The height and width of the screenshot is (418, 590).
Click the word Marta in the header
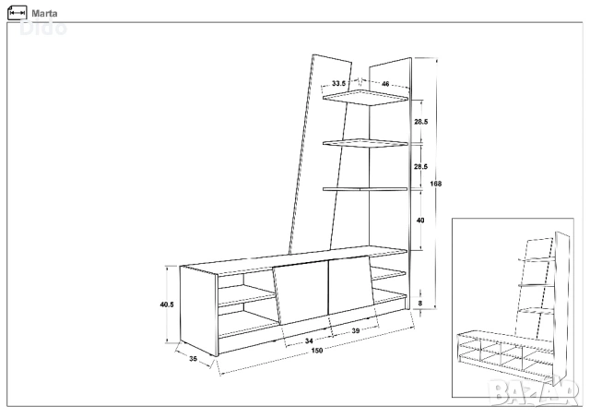(x=44, y=14)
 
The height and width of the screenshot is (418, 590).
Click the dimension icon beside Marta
(x=17, y=13)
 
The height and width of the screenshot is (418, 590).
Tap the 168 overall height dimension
(x=435, y=184)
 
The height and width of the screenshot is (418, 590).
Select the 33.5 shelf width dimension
(x=338, y=83)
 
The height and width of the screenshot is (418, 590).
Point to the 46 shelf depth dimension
(x=385, y=84)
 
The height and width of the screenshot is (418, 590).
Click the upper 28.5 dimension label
(x=420, y=122)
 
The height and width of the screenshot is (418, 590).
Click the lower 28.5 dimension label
(x=420, y=166)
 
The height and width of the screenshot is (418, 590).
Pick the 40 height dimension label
(x=420, y=220)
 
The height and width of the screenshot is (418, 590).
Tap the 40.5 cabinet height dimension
(x=167, y=305)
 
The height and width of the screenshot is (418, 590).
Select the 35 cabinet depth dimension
(x=193, y=359)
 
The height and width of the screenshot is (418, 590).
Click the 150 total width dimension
(x=317, y=351)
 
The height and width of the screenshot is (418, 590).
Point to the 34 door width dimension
(x=309, y=340)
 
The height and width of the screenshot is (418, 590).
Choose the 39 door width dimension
(x=356, y=330)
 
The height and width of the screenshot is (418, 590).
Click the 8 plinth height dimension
(x=420, y=303)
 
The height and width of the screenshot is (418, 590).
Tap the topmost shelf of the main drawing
(x=365, y=98)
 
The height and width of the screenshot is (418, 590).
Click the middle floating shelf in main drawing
(x=365, y=143)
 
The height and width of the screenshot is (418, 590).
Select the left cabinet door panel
(x=301, y=293)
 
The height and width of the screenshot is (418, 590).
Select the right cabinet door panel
(x=351, y=285)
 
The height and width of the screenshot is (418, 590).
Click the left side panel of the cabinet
(x=199, y=311)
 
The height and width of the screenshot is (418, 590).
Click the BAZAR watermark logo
(x=534, y=393)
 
